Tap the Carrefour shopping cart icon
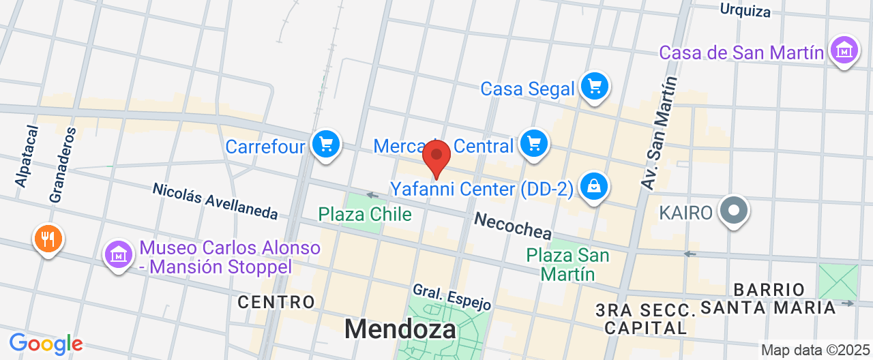(325, 144)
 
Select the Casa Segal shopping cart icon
(595, 86)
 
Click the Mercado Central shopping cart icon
(533, 143)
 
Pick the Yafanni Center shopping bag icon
(593, 185)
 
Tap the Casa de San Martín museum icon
(844, 50)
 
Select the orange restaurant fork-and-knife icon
(48, 239)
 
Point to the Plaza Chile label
(365, 215)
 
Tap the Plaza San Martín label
(567, 265)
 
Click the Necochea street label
(513, 226)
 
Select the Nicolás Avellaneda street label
(215, 201)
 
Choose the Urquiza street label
(745, 11)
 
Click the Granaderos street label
(61, 164)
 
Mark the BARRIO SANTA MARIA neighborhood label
(769, 299)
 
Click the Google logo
(46, 344)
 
